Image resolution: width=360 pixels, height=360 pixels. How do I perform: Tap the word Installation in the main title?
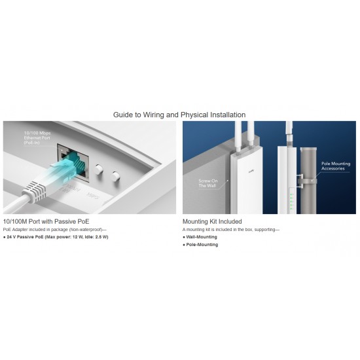click(x=223, y=115)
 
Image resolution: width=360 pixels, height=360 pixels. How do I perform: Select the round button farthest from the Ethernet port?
click(x=116, y=175)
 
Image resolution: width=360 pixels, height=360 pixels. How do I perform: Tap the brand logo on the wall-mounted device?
click(x=246, y=170)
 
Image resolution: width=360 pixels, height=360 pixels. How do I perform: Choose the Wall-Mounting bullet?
click(x=200, y=237)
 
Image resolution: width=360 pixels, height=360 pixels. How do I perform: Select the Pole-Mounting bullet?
click(x=200, y=245)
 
